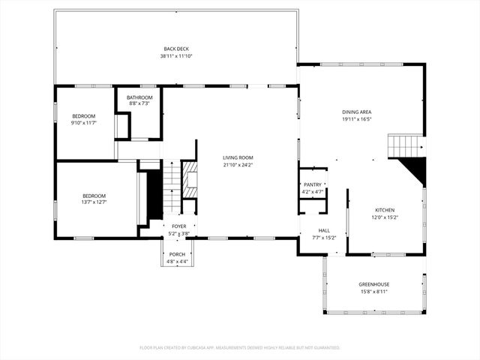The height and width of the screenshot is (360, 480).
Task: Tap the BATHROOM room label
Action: pyautogui.click(x=139, y=97)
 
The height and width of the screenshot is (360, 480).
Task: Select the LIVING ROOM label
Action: pyautogui.click(x=238, y=157)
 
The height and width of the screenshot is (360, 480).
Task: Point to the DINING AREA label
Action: pyautogui.click(x=357, y=112)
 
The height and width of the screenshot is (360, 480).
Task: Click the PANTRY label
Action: pyautogui.click(x=312, y=184)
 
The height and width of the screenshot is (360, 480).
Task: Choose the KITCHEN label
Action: pyautogui.click(x=385, y=210)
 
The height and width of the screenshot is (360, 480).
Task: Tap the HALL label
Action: pyautogui.click(x=324, y=230)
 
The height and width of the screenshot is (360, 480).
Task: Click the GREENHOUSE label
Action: pyautogui.click(x=373, y=284)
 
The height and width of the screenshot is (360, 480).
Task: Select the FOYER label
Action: pyautogui.click(x=178, y=226)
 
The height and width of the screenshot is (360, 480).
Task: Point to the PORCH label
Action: pyautogui.click(x=177, y=254)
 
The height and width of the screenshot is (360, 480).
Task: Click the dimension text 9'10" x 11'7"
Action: pyautogui.click(x=84, y=122)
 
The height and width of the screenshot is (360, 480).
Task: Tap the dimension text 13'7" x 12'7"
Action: pyautogui.click(x=94, y=202)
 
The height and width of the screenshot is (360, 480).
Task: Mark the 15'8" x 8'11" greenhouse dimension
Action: pyautogui.click(x=373, y=292)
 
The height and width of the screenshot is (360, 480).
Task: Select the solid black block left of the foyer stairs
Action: pyautogui.click(x=155, y=195)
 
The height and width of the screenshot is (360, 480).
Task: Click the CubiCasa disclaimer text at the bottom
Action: pyautogui.click(x=240, y=348)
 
